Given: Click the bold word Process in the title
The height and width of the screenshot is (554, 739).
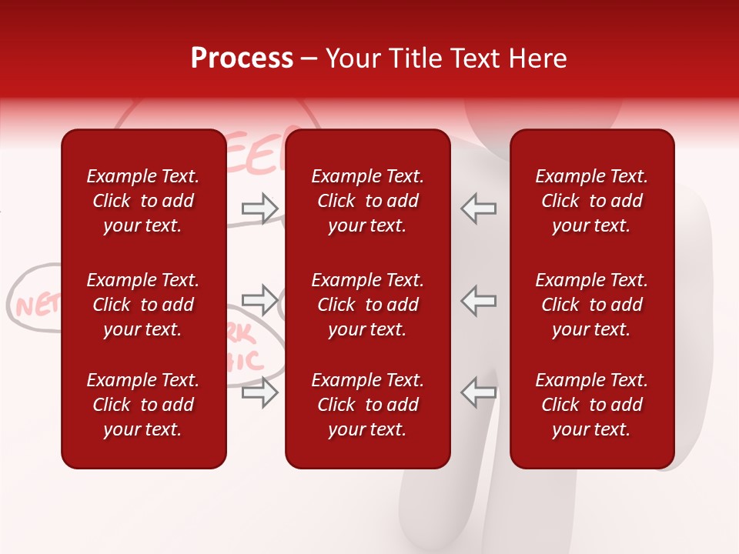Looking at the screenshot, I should pos(242,58).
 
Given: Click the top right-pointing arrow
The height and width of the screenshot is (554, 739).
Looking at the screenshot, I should pos(260,209).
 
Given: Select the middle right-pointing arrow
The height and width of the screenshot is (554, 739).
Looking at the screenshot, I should pos(260,300).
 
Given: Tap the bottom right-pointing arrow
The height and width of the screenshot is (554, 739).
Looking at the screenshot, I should pos(260,392).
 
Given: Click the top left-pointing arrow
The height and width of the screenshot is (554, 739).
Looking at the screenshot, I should pos(478,209).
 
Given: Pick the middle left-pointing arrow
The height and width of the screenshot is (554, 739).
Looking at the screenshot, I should pos(478,300).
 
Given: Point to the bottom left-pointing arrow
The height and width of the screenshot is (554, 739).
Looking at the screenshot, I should pos(478,392).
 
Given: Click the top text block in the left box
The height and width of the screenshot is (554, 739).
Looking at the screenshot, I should pos(143,201).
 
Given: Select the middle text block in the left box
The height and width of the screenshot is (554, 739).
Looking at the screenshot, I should pos(143,305).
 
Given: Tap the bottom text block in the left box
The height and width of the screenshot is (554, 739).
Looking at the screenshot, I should pos(143,405).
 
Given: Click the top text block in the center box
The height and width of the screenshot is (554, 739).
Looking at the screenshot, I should pos(367,201).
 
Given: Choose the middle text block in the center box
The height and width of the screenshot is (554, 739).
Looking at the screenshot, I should pos(367,305).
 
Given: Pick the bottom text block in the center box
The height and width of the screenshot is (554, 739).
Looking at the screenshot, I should pos(367,405).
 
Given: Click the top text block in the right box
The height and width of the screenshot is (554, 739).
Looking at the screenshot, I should pos(591,201).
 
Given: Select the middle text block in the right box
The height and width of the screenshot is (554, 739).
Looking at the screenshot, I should pos(591,305).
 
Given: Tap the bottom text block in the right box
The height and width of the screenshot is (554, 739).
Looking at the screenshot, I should pos(591,405).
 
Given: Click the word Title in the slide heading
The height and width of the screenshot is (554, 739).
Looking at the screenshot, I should pos(416,58).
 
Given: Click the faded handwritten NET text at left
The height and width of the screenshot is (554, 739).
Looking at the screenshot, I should pos(35,306).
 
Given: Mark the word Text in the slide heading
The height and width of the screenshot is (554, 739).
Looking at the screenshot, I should pos(475,58).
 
